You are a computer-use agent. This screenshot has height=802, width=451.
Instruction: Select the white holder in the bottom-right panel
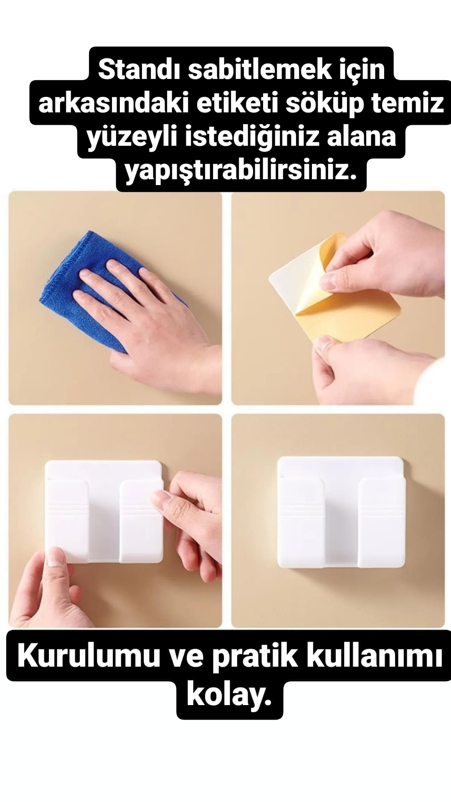340,512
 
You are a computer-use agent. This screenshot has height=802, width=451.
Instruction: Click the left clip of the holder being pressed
67,520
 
